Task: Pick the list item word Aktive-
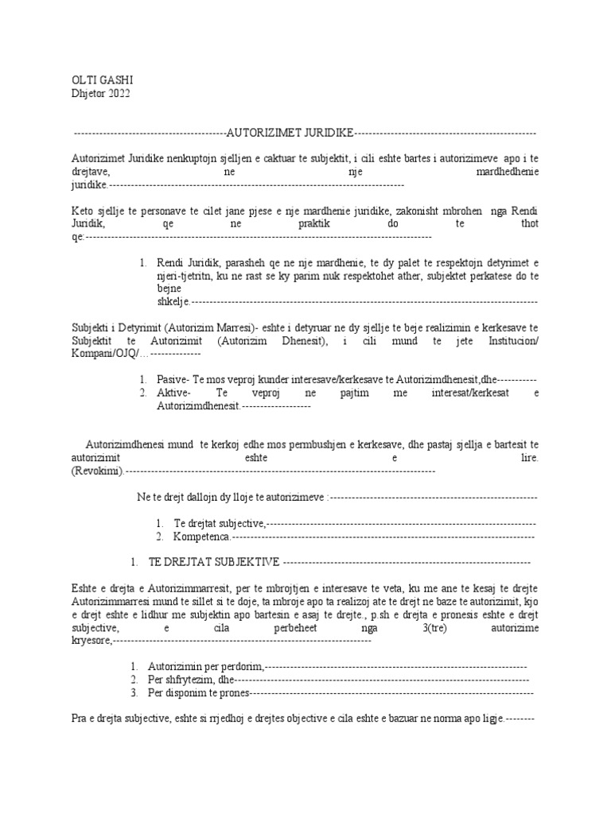tap(174, 393)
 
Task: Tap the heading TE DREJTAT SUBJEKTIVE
tap(214, 562)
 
